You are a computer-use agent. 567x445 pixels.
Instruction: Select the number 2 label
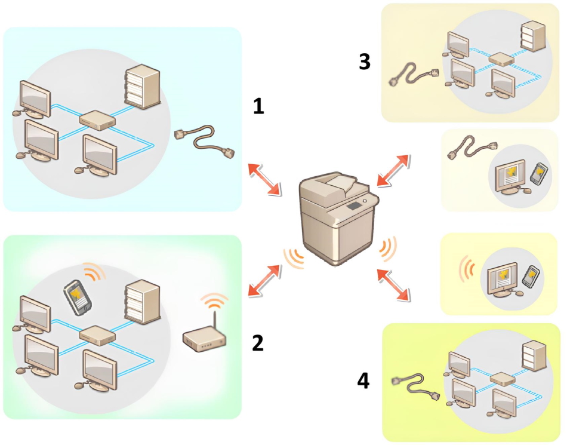click(258, 343)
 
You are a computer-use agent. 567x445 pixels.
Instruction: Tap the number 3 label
click(365, 62)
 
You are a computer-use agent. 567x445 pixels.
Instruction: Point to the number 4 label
click(363, 380)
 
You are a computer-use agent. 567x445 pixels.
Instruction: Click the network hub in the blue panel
click(97, 121)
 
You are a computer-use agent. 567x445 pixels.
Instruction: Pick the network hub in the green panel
click(97, 334)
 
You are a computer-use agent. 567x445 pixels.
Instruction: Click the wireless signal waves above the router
click(214, 301)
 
